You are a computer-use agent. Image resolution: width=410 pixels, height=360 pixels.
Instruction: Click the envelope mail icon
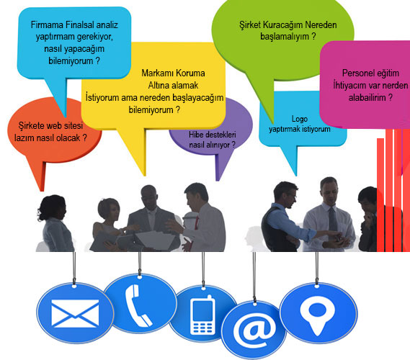[x=75, y=313]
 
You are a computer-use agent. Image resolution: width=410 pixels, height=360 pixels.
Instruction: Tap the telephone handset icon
[x=138, y=305]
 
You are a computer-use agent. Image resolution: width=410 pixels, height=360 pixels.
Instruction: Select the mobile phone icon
[x=202, y=315]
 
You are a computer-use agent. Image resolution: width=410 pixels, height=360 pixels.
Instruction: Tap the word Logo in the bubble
[x=300, y=120]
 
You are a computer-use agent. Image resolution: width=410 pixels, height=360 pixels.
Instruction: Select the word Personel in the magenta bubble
[x=357, y=73]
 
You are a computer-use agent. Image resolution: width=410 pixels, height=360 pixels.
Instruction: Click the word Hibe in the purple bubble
[x=195, y=135]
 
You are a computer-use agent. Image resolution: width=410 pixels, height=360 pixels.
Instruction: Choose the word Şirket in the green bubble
[x=250, y=25]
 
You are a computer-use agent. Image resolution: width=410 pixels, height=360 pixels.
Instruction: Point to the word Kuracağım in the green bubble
[x=283, y=26]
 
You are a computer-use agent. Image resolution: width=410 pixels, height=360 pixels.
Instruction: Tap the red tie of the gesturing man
[x=196, y=225]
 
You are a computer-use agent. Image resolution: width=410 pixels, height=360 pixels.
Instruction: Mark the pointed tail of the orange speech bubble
[x=42, y=191]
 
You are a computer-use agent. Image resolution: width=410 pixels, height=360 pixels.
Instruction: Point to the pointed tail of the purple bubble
[x=218, y=180]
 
